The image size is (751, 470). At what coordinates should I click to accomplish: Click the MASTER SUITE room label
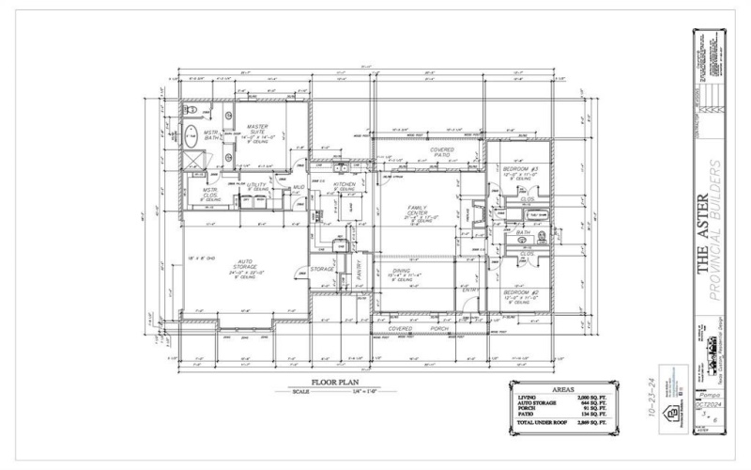click(257, 128)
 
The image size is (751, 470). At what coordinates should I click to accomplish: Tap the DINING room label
click(401, 271)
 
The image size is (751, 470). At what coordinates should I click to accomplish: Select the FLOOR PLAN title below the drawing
click(310, 384)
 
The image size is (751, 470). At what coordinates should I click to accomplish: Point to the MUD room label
click(299, 187)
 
